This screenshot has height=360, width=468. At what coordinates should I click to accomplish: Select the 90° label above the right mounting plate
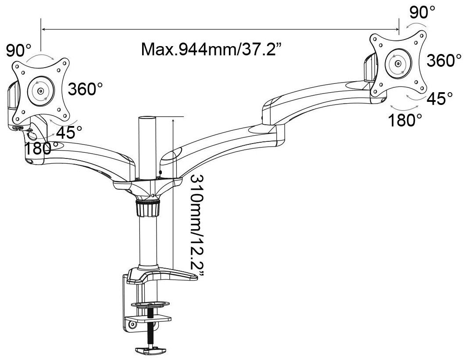click(422, 12)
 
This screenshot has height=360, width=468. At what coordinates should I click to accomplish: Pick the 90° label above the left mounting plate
click(18, 50)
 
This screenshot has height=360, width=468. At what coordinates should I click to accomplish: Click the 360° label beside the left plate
click(86, 88)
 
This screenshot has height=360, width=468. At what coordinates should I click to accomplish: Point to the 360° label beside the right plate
click(444, 60)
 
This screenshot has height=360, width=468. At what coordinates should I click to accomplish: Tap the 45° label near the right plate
click(439, 98)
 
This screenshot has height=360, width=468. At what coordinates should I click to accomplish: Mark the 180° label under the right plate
click(405, 120)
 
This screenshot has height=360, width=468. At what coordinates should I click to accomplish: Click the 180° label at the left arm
click(41, 148)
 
